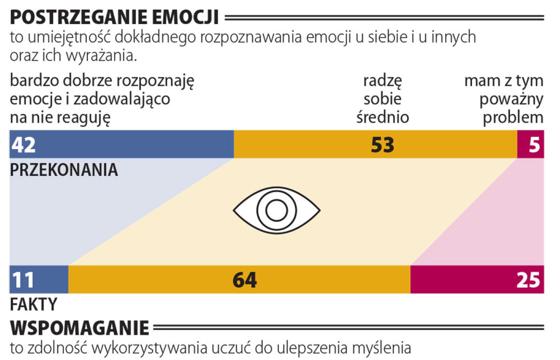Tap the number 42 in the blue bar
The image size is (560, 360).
(x=24, y=144)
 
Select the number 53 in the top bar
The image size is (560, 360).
(x=382, y=144)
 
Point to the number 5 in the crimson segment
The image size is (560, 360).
(x=534, y=144)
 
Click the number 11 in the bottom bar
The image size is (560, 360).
(x=23, y=280)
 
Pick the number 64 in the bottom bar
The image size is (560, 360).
(x=244, y=280)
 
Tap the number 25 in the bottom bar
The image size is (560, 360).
(x=528, y=280)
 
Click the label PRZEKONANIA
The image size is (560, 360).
(x=64, y=170)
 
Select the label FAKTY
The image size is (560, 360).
(x=34, y=305)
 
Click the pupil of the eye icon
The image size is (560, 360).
(x=277, y=210)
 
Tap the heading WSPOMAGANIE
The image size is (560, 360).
(x=80, y=328)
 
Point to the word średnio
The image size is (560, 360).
(x=383, y=118)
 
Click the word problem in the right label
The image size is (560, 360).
(x=513, y=118)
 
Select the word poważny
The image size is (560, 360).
(x=511, y=99)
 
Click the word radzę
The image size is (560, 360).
(x=383, y=81)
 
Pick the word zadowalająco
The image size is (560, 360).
(x=122, y=99)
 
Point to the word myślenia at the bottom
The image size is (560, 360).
(x=382, y=348)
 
